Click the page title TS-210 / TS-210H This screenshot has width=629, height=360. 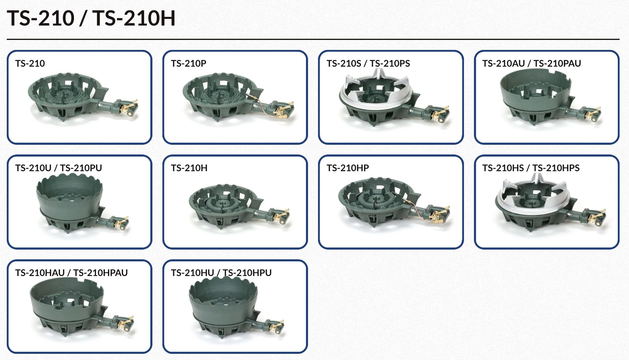click(91, 18)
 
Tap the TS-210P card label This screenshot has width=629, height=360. click(189, 63)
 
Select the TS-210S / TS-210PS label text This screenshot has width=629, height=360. click(368, 63)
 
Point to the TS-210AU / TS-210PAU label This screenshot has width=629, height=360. click(531, 63)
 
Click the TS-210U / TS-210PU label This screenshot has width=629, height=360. click(58, 168)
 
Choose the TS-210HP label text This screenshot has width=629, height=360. click(347, 168)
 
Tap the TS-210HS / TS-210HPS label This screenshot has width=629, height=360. click(531, 168)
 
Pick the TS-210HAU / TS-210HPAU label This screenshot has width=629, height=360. click(71, 273)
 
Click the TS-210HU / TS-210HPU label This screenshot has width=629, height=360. click(221, 273)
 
